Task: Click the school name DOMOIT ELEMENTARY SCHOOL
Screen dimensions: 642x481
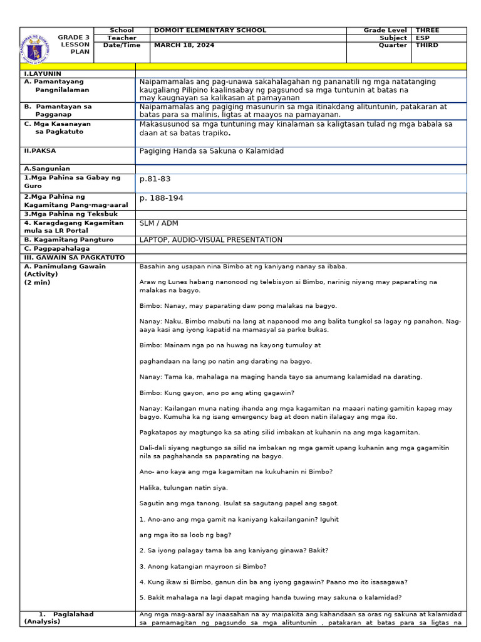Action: coord(210,30)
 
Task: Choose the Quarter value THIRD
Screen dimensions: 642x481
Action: coord(427,45)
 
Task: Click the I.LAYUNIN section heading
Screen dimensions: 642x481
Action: coord(39,73)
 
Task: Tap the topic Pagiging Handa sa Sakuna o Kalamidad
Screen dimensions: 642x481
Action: coord(212,151)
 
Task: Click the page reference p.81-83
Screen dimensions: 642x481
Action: coord(155,179)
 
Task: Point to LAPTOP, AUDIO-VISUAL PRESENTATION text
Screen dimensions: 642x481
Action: coord(210,239)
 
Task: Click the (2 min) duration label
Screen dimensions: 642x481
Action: coord(37,282)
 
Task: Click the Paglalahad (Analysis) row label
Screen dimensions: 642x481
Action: coord(59,618)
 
